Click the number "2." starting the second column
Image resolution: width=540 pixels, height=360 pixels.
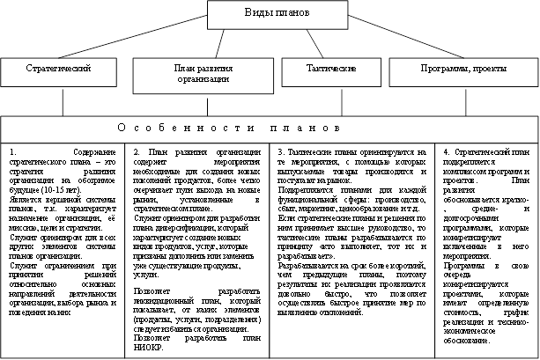coord(139,151)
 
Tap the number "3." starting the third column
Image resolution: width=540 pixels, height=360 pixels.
coord(281,151)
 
